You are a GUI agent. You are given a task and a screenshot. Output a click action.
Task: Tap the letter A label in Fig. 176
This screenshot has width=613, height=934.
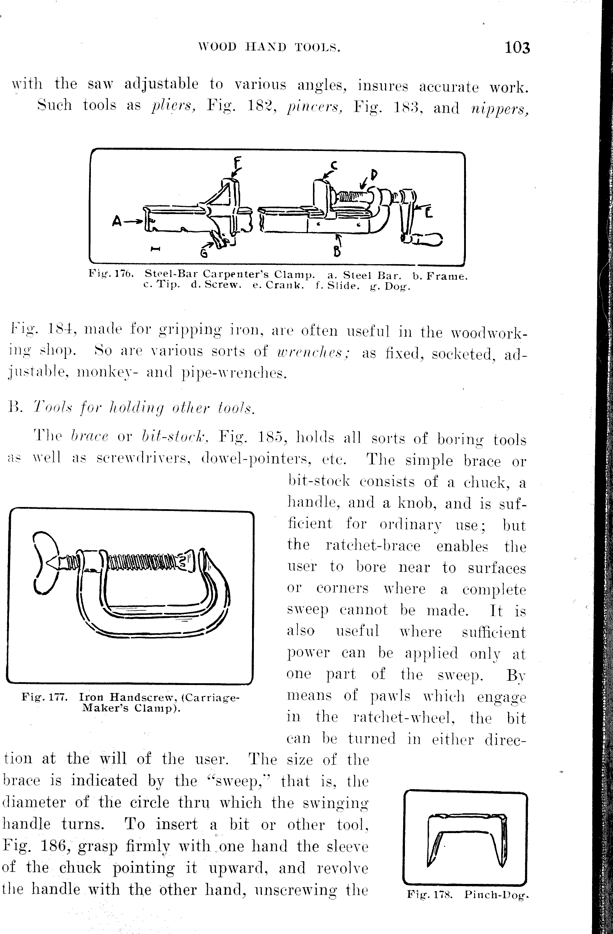(116, 222)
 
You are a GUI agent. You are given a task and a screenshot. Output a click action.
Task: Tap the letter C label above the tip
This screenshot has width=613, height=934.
(334, 166)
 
